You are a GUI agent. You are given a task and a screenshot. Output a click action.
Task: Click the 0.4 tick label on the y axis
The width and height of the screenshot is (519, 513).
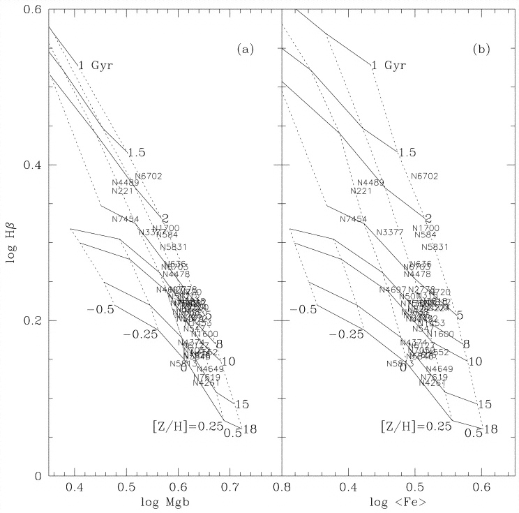coord(33,165)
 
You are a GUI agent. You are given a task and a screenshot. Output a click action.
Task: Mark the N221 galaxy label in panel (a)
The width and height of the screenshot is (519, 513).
coord(123,191)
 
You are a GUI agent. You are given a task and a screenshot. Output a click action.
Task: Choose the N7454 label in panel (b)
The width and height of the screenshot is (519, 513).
coord(353,219)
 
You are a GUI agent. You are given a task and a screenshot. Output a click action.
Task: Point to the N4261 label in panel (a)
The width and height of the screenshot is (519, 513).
coord(205,383)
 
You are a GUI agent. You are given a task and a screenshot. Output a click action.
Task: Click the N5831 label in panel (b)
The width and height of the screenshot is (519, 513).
coord(435,247)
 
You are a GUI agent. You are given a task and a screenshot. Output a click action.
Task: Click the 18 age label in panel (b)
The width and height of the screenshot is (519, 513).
coord(490,429)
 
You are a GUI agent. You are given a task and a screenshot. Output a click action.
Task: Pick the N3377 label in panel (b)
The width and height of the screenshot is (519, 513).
coord(390,232)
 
